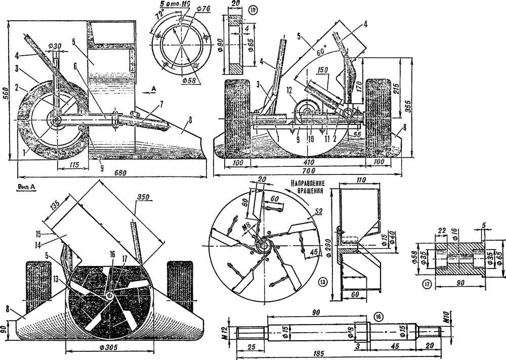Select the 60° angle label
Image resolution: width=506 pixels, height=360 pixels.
pyautogui.click(x=320, y=52)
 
